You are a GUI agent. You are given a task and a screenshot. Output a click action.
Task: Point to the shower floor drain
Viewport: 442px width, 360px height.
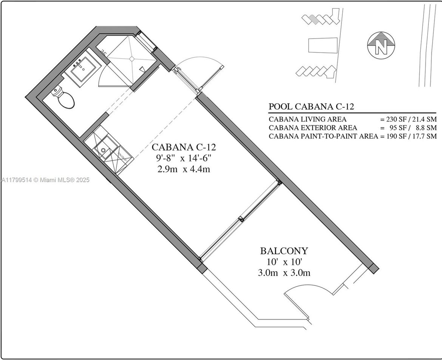(x=131, y=59)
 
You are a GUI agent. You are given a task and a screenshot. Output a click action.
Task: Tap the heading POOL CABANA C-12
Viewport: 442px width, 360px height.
(x=311, y=107)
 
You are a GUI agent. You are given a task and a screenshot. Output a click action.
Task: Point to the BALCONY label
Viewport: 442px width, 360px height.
(x=284, y=250)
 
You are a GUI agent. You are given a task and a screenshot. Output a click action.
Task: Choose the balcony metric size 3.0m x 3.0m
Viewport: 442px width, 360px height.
(x=284, y=272)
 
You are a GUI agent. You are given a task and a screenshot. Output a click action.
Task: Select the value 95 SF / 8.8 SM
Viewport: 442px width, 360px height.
(x=409, y=128)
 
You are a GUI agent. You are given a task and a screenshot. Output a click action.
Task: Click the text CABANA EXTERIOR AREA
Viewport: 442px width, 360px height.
(x=313, y=128)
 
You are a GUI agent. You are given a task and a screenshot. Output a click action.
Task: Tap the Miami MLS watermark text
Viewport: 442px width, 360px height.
(x=45, y=180)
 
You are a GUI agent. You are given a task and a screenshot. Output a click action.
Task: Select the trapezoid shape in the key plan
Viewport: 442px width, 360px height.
(x=322, y=46)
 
